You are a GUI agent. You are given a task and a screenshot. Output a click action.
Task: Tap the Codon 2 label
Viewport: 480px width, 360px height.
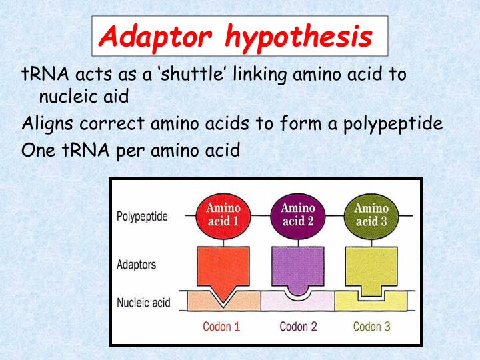tap(297, 327)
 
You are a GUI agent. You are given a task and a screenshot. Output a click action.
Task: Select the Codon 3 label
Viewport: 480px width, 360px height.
tap(371, 327)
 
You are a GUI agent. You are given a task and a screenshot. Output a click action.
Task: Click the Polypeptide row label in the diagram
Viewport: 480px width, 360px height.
tap(142, 217)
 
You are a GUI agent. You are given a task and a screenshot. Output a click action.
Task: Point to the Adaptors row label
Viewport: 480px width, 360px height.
tap(136, 265)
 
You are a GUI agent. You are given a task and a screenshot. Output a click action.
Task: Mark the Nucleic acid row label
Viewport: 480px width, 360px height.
tap(143, 303)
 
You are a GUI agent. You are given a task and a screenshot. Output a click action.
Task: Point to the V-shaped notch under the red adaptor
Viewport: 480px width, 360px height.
tap(223, 293)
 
